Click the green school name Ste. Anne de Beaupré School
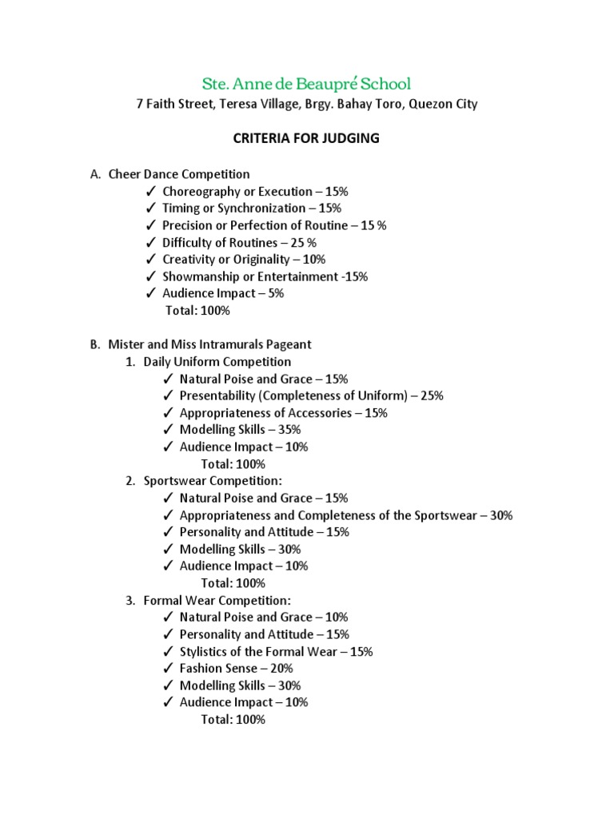pos(306,83)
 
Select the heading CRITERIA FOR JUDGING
pos(306,138)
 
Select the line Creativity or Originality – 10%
pos(244,260)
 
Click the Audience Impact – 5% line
pos(223,293)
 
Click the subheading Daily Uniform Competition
pos(217,362)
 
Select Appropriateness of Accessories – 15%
pos(283,413)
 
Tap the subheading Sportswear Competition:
pos(213,481)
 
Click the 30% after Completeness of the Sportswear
pos(501,515)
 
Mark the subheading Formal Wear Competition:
pos(217,600)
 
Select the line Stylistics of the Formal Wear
pos(276,651)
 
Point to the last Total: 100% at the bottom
pos(233,719)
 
